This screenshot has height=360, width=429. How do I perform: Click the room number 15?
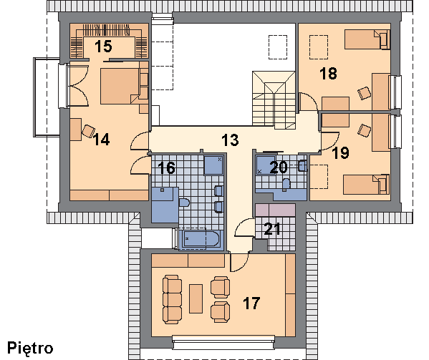pyautogui.click(x=103, y=47)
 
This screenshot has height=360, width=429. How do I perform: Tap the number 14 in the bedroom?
pyautogui.click(x=101, y=140)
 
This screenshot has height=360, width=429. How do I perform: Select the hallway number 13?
pyautogui.click(x=230, y=140)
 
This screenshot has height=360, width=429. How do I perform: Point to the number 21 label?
pyautogui.click(x=272, y=229)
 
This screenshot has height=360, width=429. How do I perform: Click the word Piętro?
pyautogui.click(x=30, y=349)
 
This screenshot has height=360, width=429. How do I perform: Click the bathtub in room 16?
pyautogui.click(x=201, y=239)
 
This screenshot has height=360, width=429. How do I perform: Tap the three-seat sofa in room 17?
pyautogui.click(x=172, y=299)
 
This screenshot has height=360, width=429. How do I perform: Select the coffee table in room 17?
pyautogui.click(x=196, y=298)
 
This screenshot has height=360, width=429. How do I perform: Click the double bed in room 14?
pyautogui.click(x=124, y=86)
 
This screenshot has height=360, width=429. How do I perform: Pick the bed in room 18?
pyautogui.click(x=367, y=39)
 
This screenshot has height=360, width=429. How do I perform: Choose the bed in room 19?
pyautogui.click(x=367, y=185)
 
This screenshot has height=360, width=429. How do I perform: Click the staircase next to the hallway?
pyautogui.click(x=274, y=100)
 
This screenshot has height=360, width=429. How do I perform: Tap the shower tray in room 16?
pyautogui.click(x=213, y=165)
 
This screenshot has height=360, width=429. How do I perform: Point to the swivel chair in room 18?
pyautogui.click(x=365, y=93)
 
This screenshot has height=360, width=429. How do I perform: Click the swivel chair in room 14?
pyautogui.click(x=88, y=131)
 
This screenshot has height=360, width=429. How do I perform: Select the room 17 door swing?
pyautogui.click(x=239, y=263)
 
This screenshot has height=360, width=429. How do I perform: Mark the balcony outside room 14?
pyautogui.click(x=47, y=97)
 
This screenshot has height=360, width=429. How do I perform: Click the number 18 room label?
pyautogui.click(x=328, y=73)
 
